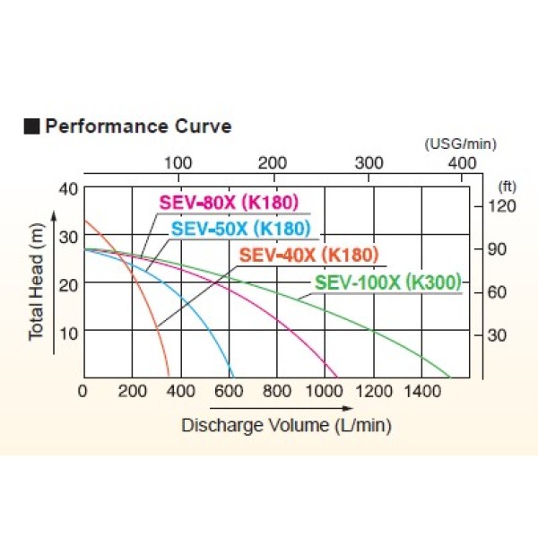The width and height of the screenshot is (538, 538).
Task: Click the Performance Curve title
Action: point(137,126)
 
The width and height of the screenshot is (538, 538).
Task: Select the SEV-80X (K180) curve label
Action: point(228,201)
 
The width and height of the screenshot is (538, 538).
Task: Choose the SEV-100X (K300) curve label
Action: point(386,282)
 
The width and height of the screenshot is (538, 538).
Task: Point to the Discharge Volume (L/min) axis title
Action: point(286,425)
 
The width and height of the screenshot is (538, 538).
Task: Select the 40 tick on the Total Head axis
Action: point(68,189)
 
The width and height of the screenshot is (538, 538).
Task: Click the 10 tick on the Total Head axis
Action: point(68,331)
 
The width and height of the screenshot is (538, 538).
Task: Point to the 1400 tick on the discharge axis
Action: point(421,391)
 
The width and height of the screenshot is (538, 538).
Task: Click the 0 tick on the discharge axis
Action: point(83,391)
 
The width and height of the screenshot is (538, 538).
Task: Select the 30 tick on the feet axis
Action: point(499,335)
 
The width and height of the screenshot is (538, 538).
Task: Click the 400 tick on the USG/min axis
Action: point(462,162)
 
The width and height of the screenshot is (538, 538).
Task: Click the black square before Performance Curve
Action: point(31,126)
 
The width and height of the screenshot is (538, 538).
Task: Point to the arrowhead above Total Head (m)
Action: point(53,215)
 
